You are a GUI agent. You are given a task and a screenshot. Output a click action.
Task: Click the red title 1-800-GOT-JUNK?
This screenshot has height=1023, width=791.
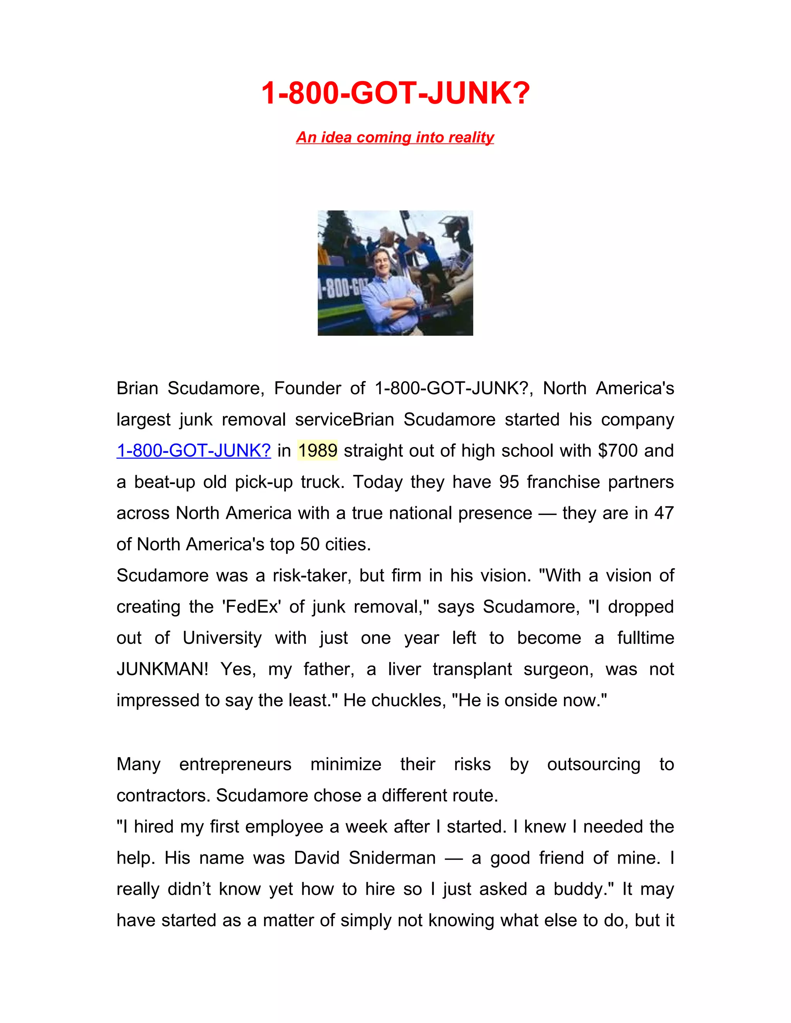click(x=395, y=93)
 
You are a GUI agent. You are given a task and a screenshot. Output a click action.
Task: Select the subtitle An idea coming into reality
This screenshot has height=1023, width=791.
click(x=395, y=137)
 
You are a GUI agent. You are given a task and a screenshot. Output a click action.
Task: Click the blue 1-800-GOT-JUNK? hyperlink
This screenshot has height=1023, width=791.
click(x=194, y=451)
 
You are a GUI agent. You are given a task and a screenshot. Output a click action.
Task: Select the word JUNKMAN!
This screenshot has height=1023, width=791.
click(x=162, y=669)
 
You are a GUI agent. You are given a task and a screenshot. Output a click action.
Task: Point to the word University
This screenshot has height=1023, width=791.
click(x=222, y=638)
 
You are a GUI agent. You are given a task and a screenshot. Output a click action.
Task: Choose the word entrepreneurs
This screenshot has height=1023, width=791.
click(x=235, y=764)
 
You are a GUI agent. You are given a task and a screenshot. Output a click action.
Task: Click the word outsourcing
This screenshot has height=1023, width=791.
click(x=593, y=764)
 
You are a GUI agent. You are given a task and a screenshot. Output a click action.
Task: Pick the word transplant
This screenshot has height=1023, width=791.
click(x=472, y=669)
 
